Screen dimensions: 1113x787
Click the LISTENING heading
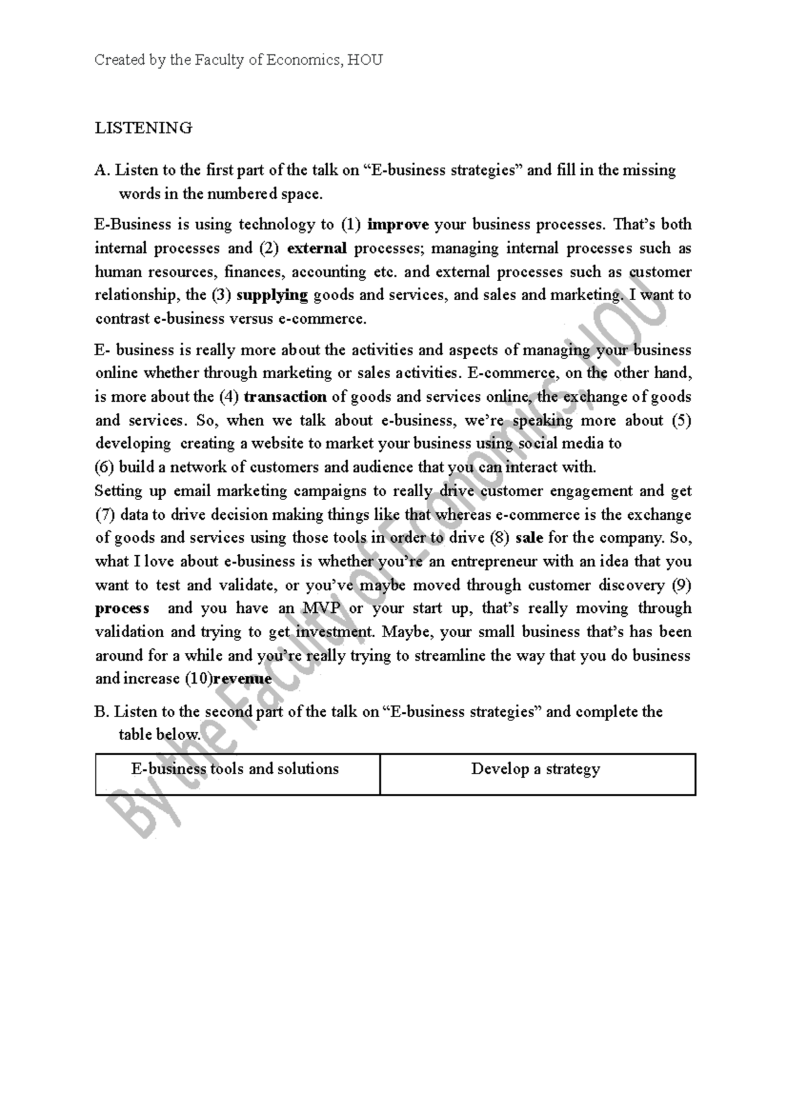(x=144, y=128)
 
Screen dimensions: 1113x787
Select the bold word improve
(x=398, y=225)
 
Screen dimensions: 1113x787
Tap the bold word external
(x=317, y=248)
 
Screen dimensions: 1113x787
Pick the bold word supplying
(x=272, y=295)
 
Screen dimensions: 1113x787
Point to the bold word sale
(x=529, y=538)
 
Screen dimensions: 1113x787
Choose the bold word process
(x=122, y=608)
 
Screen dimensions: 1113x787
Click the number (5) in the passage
(x=681, y=420)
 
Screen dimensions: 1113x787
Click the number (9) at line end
(x=681, y=585)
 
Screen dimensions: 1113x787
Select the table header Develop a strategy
(x=535, y=769)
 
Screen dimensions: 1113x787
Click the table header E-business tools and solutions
(x=235, y=769)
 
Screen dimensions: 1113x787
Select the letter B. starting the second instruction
(x=101, y=712)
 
